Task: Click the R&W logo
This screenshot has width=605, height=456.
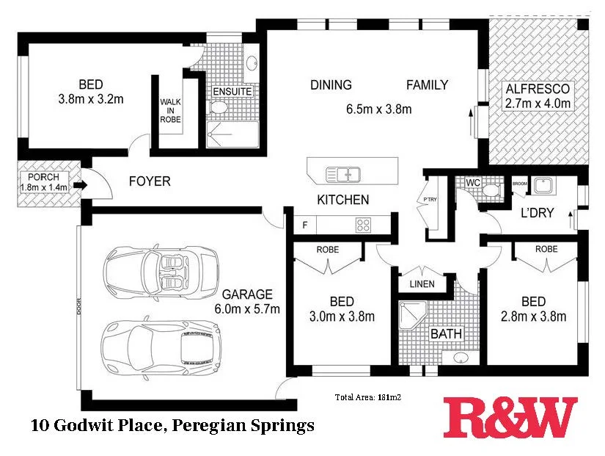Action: click(x=510, y=416)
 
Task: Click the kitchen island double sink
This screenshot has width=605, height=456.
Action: click(x=342, y=174)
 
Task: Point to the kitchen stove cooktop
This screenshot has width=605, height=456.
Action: click(x=364, y=224)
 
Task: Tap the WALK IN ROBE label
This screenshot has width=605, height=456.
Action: click(x=170, y=110)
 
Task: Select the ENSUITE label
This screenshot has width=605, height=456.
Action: click(x=232, y=92)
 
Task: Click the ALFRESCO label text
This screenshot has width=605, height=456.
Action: click(x=538, y=90)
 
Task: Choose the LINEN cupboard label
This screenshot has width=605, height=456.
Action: click(x=422, y=284)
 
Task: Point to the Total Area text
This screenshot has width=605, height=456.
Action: click(x=371, y=397)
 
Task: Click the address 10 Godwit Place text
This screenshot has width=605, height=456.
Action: click(x=172, y=424)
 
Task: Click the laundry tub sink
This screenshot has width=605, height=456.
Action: click(x=543, y=186)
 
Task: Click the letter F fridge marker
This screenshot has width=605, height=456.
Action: click(x=305, y=224)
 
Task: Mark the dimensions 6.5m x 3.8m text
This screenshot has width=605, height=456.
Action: click(x=378, y=109)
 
